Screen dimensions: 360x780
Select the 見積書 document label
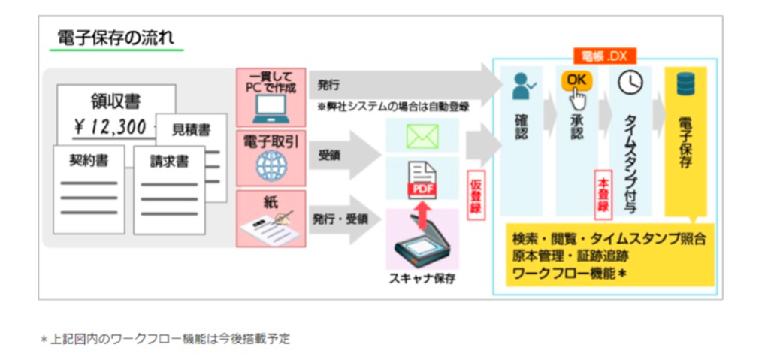pos(191,130)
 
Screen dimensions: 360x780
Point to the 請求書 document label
pos(168,162)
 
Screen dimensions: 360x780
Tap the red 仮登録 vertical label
pos(474,197)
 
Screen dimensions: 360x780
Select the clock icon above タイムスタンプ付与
pos(630,82)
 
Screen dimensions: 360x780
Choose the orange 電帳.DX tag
pos(605,56)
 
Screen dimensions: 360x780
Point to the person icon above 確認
pos(522,86)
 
